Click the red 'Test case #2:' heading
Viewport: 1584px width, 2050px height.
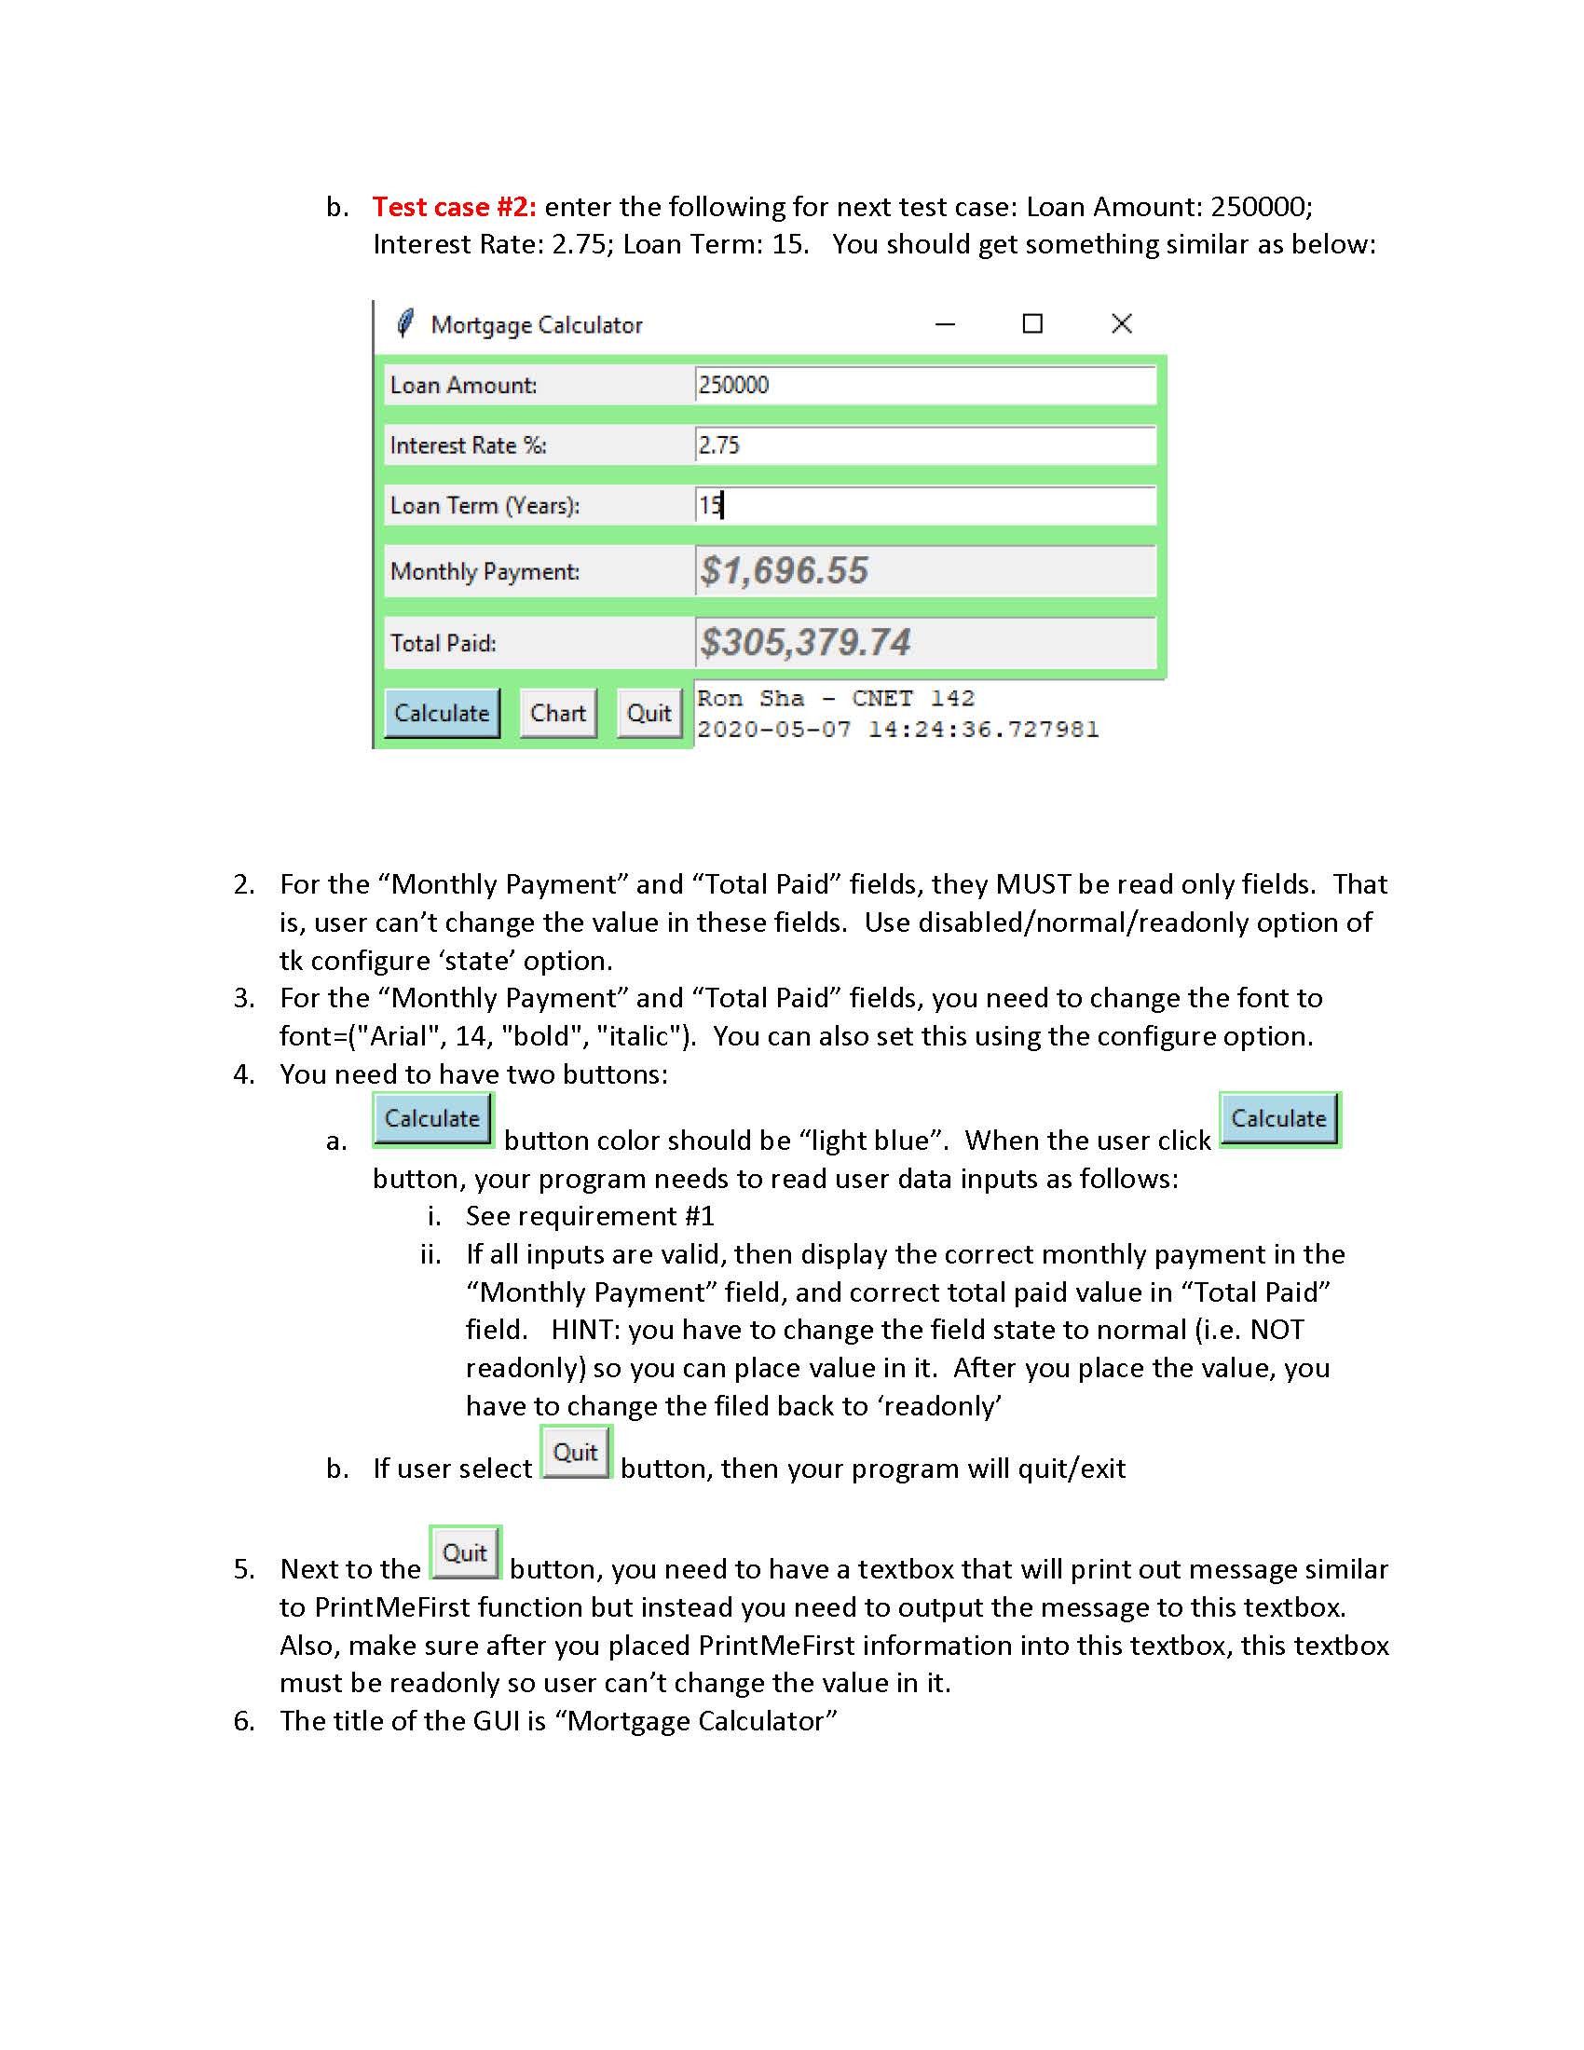coord(454,207)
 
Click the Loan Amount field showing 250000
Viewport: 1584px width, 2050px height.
coord(924,385)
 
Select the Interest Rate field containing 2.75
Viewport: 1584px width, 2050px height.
coord(924,444)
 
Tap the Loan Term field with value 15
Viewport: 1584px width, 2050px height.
coord(924,506)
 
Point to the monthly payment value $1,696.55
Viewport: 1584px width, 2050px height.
coord(785,570)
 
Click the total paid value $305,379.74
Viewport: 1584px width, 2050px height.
coord(805,643)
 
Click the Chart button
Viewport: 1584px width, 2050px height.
coord(557,714)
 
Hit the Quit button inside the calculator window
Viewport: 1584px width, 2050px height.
coord(649,714)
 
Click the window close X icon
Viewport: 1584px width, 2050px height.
coord(1121,324)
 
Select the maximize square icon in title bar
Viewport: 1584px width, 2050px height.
coord(1032,324)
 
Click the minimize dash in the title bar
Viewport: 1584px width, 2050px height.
coord(945,325)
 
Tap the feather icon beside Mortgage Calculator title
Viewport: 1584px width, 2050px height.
coord(405,324)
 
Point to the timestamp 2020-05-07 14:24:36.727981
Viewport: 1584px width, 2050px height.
coord(897,730)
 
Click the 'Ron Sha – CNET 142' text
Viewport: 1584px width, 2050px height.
coord(835,698)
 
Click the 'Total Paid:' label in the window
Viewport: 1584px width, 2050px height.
coord(443,644)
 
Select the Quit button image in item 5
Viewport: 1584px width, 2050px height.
coord(466,1553)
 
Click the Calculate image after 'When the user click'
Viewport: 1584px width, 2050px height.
coord(1279,1119)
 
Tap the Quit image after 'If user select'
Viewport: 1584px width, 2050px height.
coord(575,1453)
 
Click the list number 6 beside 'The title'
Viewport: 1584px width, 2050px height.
coord(243,1721)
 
